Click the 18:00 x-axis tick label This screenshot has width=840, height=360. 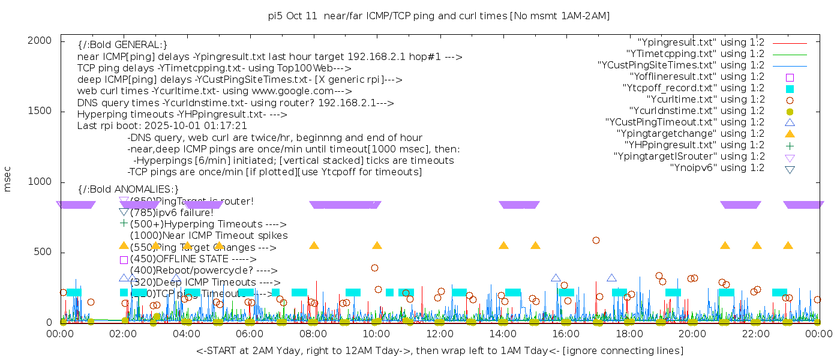(x=629, y=334)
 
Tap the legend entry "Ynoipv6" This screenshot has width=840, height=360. (x=717, y=168)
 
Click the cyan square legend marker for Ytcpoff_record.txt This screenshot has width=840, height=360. (x=790, y=89)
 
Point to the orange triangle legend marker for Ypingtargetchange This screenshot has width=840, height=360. (x=790, y=134)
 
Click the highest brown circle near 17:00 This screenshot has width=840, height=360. (x=596, y=240)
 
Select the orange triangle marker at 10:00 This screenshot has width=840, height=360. (x=377, y=245)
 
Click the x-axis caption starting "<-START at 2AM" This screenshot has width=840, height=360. (x=439, y=350)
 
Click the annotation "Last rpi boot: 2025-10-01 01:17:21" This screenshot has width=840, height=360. (x=162, y=126)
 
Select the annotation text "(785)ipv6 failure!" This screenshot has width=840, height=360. (x=172, y=212)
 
